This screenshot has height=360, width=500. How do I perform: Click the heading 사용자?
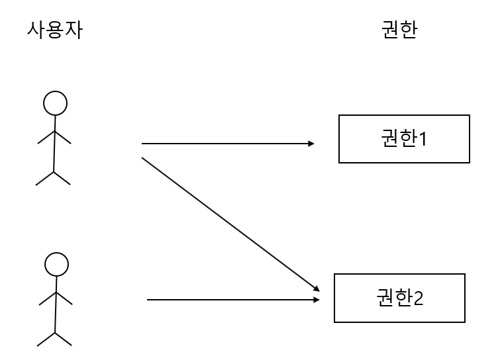pos(54,30)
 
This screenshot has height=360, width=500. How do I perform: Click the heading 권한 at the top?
pos(400,30)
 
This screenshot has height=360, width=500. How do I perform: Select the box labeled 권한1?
pos(404,139)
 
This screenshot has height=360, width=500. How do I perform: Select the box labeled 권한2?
pos(399,298)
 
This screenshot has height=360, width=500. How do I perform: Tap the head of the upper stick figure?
pos(55,103)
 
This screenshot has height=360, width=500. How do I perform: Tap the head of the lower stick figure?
pos(56,265)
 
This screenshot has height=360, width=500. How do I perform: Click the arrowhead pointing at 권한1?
pos(311,143)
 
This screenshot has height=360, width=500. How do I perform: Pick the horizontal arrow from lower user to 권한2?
pos(232,300)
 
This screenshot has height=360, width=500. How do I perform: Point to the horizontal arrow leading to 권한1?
pos(225,143)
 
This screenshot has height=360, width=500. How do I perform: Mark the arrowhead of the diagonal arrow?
pos(317,289)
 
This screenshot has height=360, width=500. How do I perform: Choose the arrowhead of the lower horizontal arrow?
pos(317,300)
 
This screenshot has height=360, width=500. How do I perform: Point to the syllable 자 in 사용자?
pos(74,30)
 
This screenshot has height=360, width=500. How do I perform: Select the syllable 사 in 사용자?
pos(36,30)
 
